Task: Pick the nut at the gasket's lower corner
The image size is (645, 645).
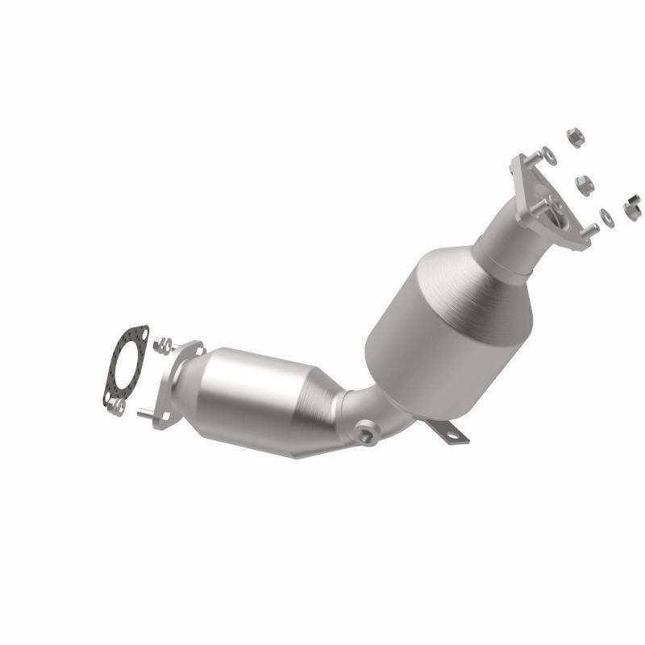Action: pyautogui.click(x=119, y=408)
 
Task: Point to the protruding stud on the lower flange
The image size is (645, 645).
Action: pyautogui.click(x=146, y=414)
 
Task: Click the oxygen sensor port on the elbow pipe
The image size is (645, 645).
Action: pyautogui.click(x=368, y=436)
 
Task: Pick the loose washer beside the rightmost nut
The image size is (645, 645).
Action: pyautogui.click(x=605, y=216)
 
